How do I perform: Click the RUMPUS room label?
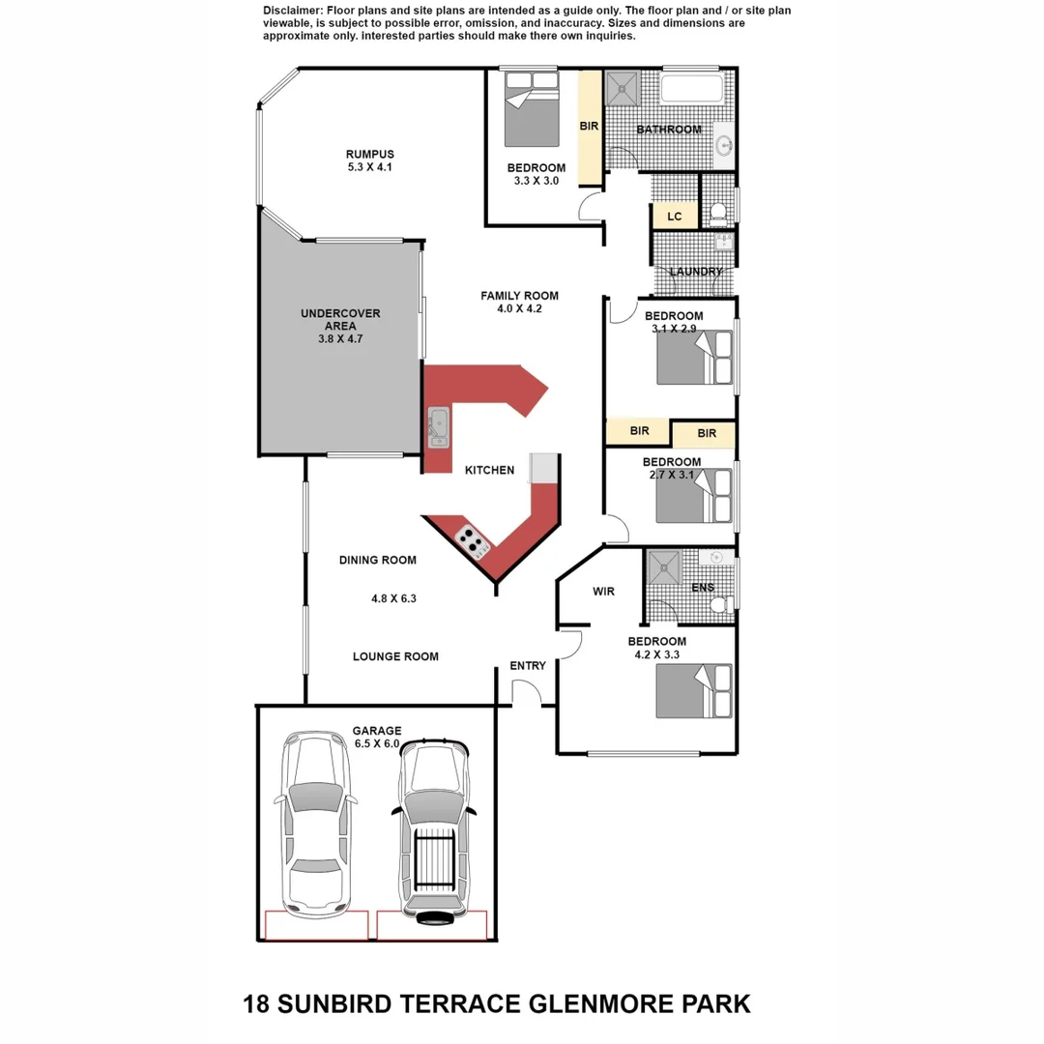pyautogui.click(x=370, y=154)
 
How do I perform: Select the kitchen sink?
pyautogui.click(x=438, y=426)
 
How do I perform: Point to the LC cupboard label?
pyautogui.click(x=674, y=217)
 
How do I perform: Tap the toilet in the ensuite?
pyautogui.click(x=718, y=604)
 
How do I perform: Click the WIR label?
pyautogui.click(x=603, y=592)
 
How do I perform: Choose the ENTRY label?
pyautogui.click(x=528, y=665)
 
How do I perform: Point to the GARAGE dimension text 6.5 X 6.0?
pyautogui.click(x=377, y=743)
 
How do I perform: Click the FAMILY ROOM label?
pyautogui.click(x=519, y=296)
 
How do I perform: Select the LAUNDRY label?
pyautogui.click(x=695, y=272)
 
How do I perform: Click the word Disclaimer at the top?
pyautogui.click(x=294, y=10)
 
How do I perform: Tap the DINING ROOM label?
pyautogui.click(x=377, y=560)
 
